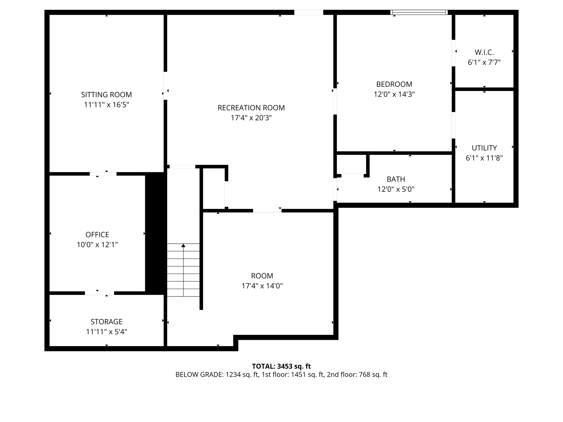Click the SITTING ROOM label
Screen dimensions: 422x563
(106, 95)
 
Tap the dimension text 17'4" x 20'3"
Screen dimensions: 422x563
(251, 118)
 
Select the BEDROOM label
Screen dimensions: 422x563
(394, 84)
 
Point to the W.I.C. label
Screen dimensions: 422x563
(484, 52)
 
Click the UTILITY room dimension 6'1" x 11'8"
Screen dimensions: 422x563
(484, 158)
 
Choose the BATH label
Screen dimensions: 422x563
(396, 179)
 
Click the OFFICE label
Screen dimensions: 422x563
(97, 235)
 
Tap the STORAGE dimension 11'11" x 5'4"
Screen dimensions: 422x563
(106, 332)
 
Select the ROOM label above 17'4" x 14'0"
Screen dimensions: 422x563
(262, 276)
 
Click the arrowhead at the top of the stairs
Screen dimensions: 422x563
(183, 245)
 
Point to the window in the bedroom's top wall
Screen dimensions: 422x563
(419, 12)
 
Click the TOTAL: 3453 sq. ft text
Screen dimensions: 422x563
(281, 366)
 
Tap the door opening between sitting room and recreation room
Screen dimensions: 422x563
(165, 86)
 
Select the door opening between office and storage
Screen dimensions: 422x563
(99, 293)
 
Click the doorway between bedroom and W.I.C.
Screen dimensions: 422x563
(453, 53)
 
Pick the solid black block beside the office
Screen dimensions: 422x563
(156, 234)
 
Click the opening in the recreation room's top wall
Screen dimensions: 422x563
(308, 12)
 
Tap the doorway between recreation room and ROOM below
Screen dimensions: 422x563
(267, 211)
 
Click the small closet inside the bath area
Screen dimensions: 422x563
(351, 164)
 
